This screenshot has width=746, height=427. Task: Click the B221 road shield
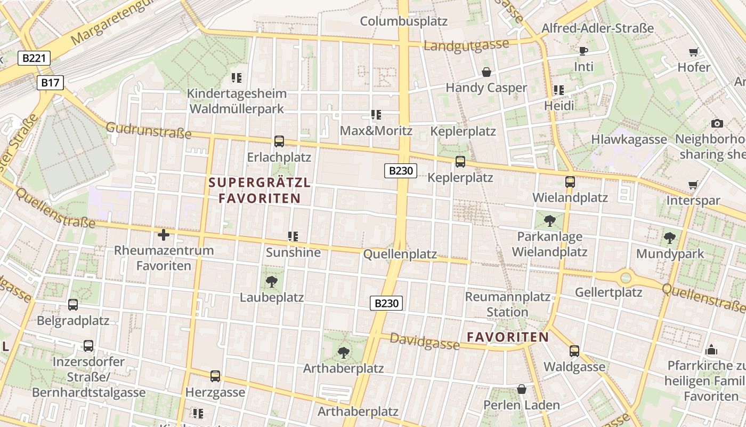[34, 58]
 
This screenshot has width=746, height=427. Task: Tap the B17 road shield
[51, 82]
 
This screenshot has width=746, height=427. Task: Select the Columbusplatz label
[403, 21]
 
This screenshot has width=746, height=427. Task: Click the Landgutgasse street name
[466, 45]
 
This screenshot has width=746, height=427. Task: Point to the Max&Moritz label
[376, 131]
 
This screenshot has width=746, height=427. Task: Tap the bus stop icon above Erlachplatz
[279, 141]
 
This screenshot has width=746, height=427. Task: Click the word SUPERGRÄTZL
[260, 183]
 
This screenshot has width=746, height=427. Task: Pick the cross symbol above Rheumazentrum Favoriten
[164, 234]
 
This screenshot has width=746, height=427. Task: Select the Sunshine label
[293, 252]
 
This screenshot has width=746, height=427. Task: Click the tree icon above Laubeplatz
[272, 281]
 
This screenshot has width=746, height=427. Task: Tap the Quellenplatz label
[400, 254]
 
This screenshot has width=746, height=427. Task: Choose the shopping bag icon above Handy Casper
[486, 72]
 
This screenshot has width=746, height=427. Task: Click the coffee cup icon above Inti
[583, 51]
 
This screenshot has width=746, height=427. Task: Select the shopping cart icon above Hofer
[693, 52]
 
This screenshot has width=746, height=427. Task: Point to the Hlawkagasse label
[629, 139]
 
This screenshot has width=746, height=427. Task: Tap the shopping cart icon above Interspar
[693, 185]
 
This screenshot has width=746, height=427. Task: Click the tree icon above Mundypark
[670, 238]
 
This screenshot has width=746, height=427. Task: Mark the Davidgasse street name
[425, 341]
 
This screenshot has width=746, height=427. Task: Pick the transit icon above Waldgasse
[574, 351]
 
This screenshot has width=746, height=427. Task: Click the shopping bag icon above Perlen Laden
[521, 389]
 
